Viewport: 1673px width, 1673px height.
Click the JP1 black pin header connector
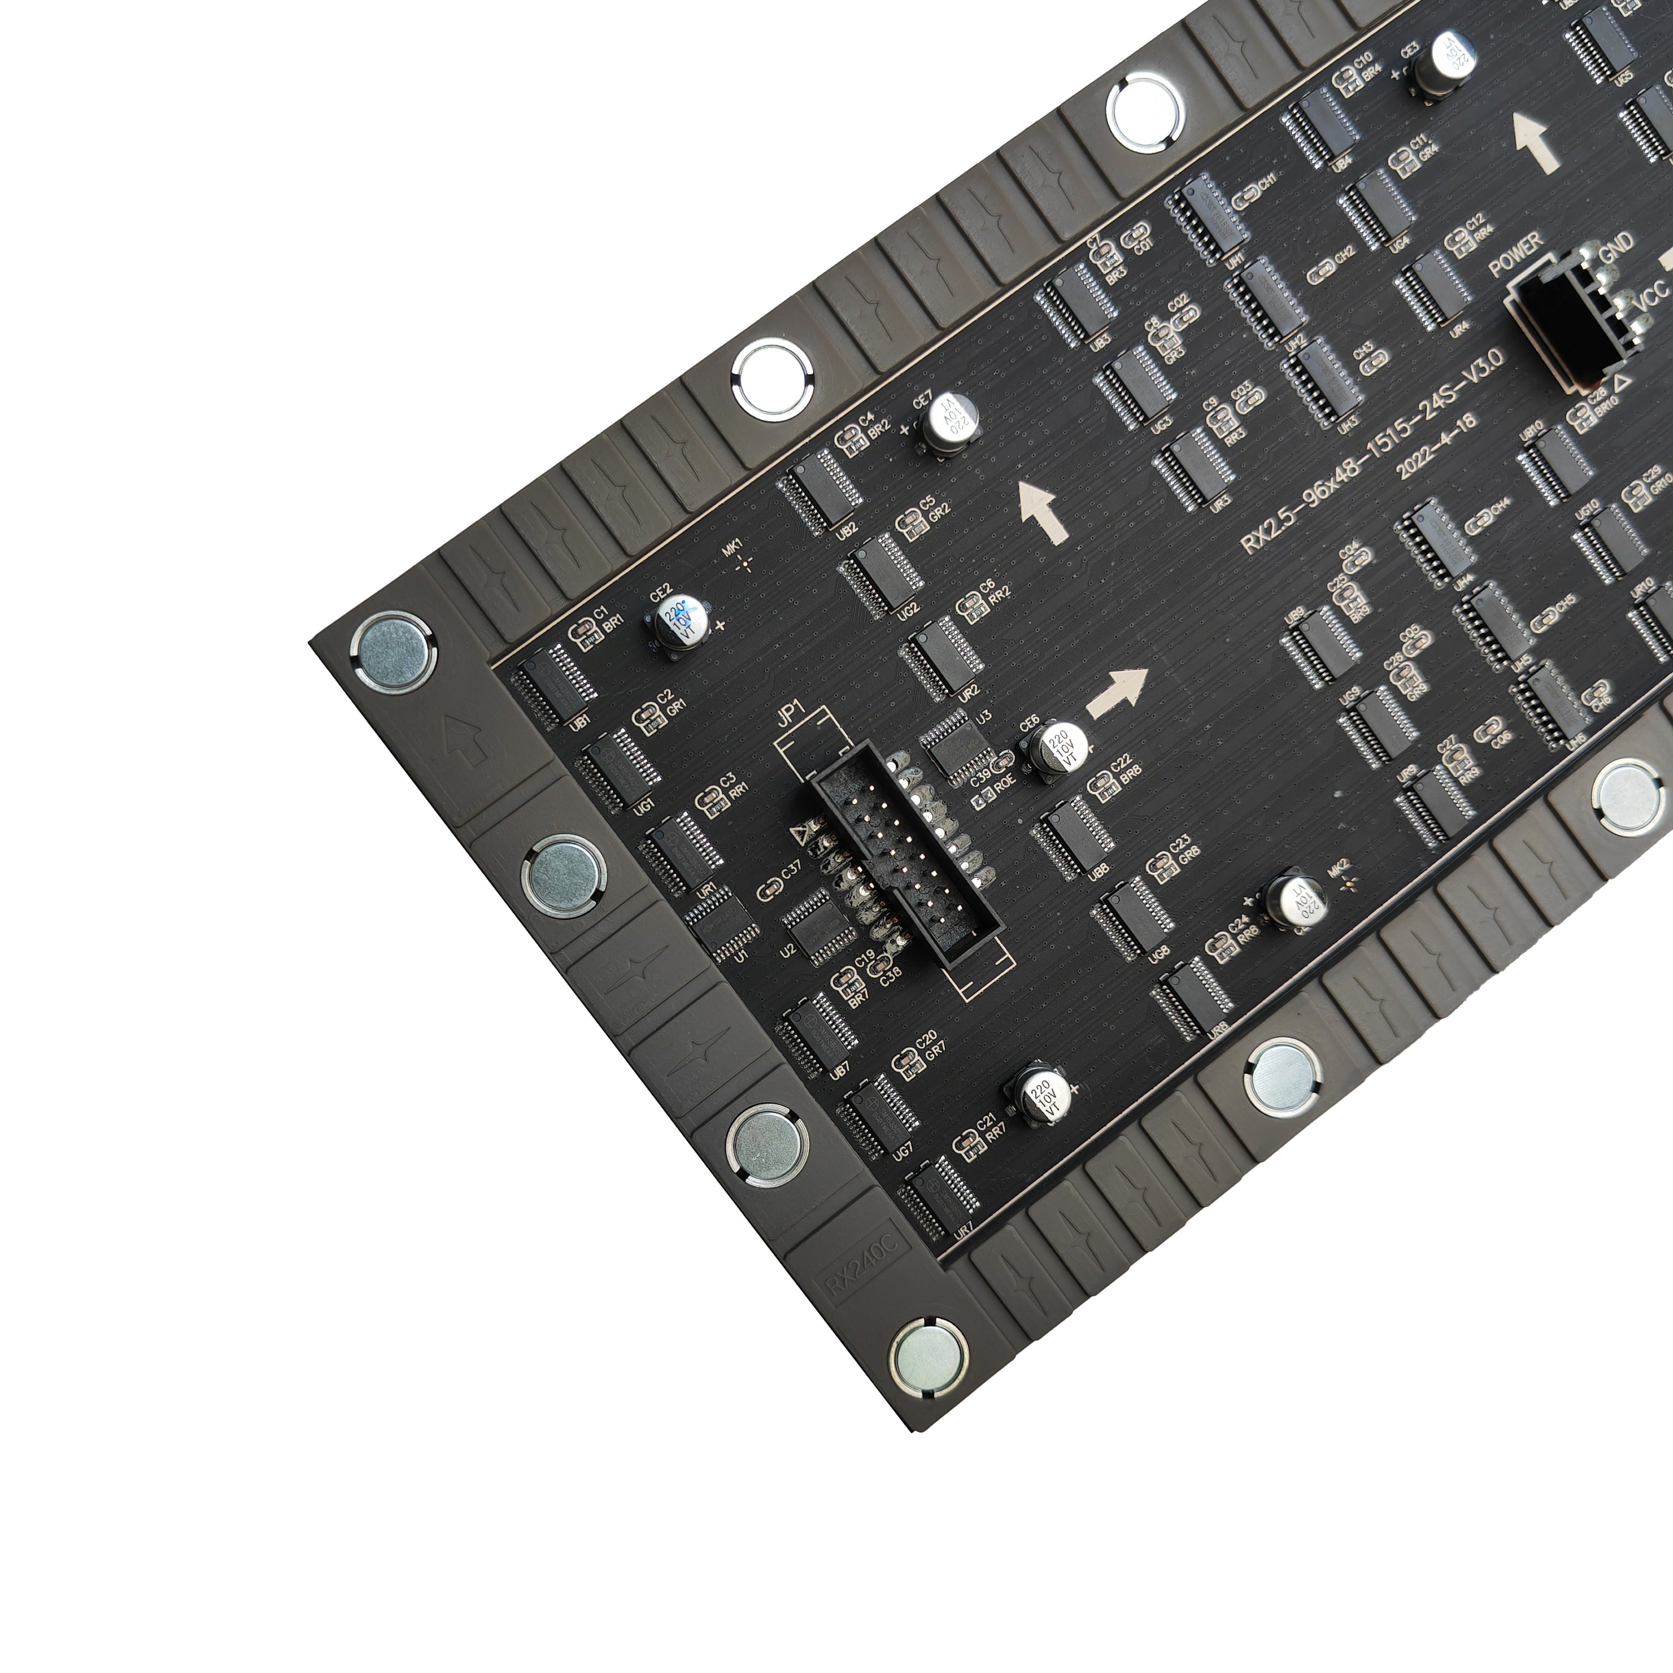[905, 857]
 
